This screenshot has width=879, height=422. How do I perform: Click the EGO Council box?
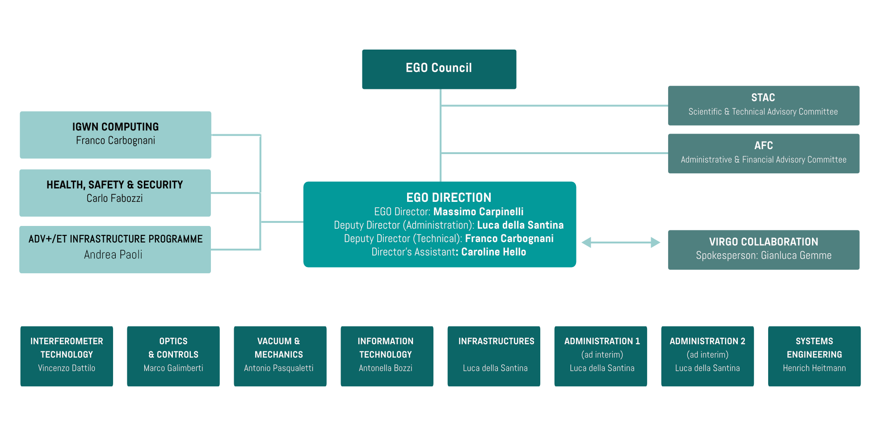coord(439,69)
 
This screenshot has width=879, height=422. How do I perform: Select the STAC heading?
coord(763,97)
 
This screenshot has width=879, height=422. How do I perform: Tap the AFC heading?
coord(763,146)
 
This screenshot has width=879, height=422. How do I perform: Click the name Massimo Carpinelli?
coord(478,212)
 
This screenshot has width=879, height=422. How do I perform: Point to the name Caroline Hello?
coord(493,252)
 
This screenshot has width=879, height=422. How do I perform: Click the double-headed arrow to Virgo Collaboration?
coord(621,242)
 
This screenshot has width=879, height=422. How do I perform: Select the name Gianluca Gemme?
coord(796,255)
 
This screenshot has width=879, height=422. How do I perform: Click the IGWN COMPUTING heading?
coord(115,127)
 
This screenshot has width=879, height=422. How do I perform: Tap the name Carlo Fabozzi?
coord(115,198)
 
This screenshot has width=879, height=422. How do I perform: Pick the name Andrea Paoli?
coord(113,255)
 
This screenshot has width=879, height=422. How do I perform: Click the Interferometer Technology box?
coord(67,356)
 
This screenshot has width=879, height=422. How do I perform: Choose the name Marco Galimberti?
coord(173,368)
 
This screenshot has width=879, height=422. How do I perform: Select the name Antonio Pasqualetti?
coord(278,368)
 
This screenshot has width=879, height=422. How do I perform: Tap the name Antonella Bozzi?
coord(385,368)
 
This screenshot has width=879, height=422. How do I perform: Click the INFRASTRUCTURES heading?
coord(496,341)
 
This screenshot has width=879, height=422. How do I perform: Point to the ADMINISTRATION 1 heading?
coord(602,341)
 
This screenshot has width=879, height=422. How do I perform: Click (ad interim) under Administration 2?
coord(707,355)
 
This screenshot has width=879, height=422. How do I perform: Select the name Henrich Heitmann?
coord(814,368)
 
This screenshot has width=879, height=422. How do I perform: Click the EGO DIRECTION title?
coord(448,197)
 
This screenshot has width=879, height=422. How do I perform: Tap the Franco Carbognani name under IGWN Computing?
coord(115,140)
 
